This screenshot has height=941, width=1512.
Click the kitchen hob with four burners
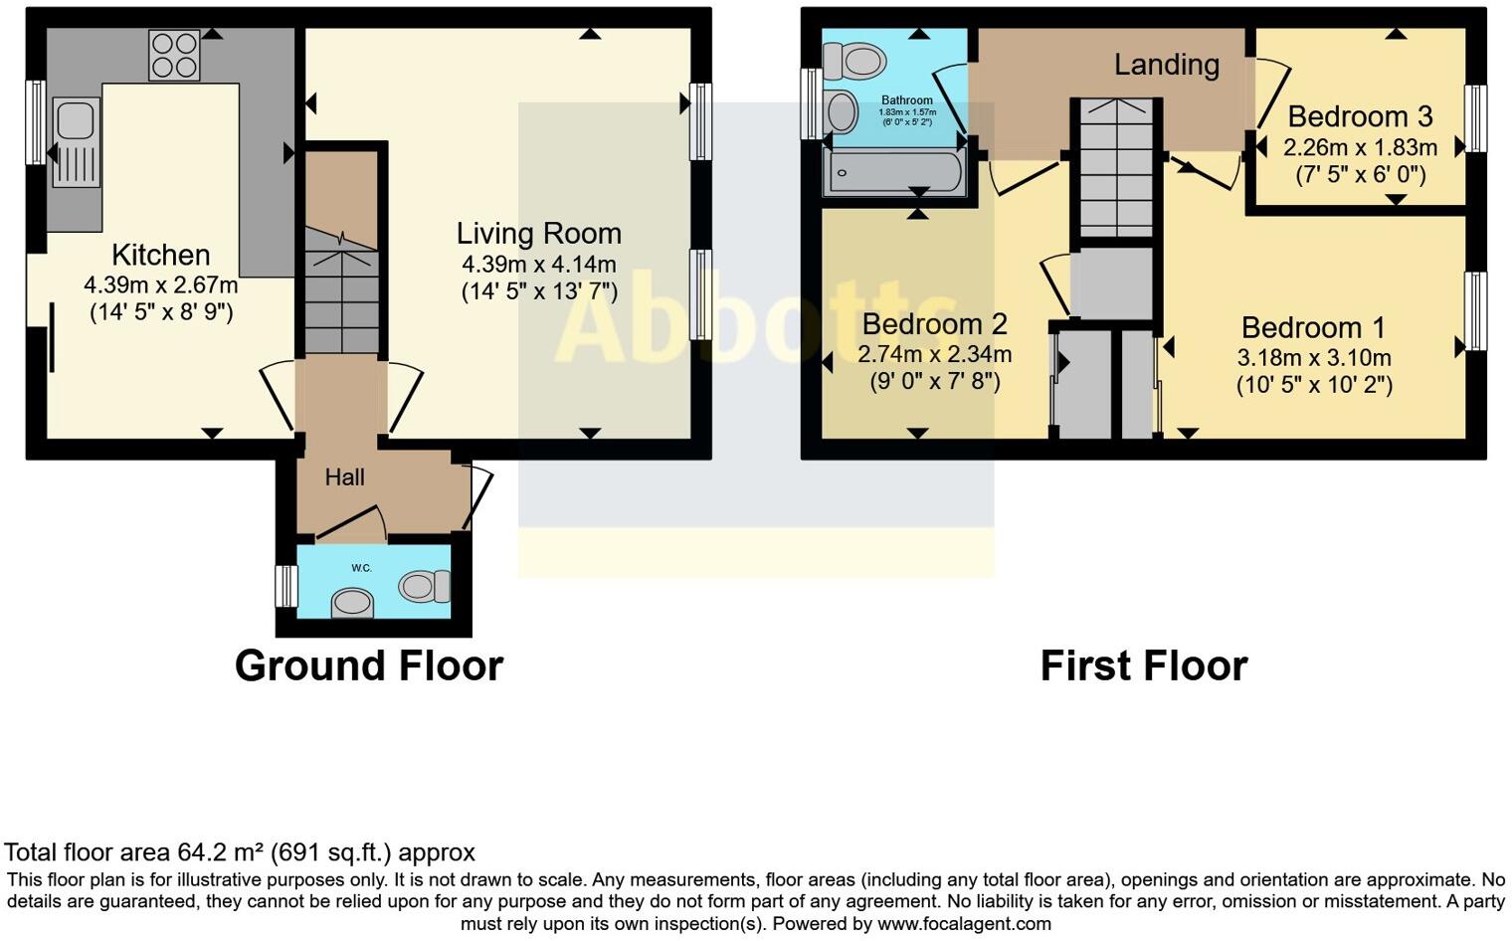[x=174, y=55]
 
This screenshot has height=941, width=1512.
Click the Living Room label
[x=538, y=234]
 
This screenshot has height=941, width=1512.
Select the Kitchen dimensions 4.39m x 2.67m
[x=160, y=285]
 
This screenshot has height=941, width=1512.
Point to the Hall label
[x=344, y=477]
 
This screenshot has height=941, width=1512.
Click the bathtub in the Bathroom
[x=892, y=172]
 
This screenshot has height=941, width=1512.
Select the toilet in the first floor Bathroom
[x=852, y=62]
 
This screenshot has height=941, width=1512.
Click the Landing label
[x=1166, y=65]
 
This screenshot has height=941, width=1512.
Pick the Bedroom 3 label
[x=1360, y=116]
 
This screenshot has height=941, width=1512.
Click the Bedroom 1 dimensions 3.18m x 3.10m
[x=1313, y=358]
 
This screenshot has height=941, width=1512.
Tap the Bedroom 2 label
[x=934, y=324]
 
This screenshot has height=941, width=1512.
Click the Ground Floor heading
[x=368, y=665]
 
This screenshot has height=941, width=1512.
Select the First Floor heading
[x=1143, y=665]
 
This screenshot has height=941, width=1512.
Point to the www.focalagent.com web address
[x=963, y=923]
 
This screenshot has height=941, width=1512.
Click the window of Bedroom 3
[x=1475, y=117]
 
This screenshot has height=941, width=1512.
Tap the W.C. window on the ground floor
[x=286, y=586]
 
